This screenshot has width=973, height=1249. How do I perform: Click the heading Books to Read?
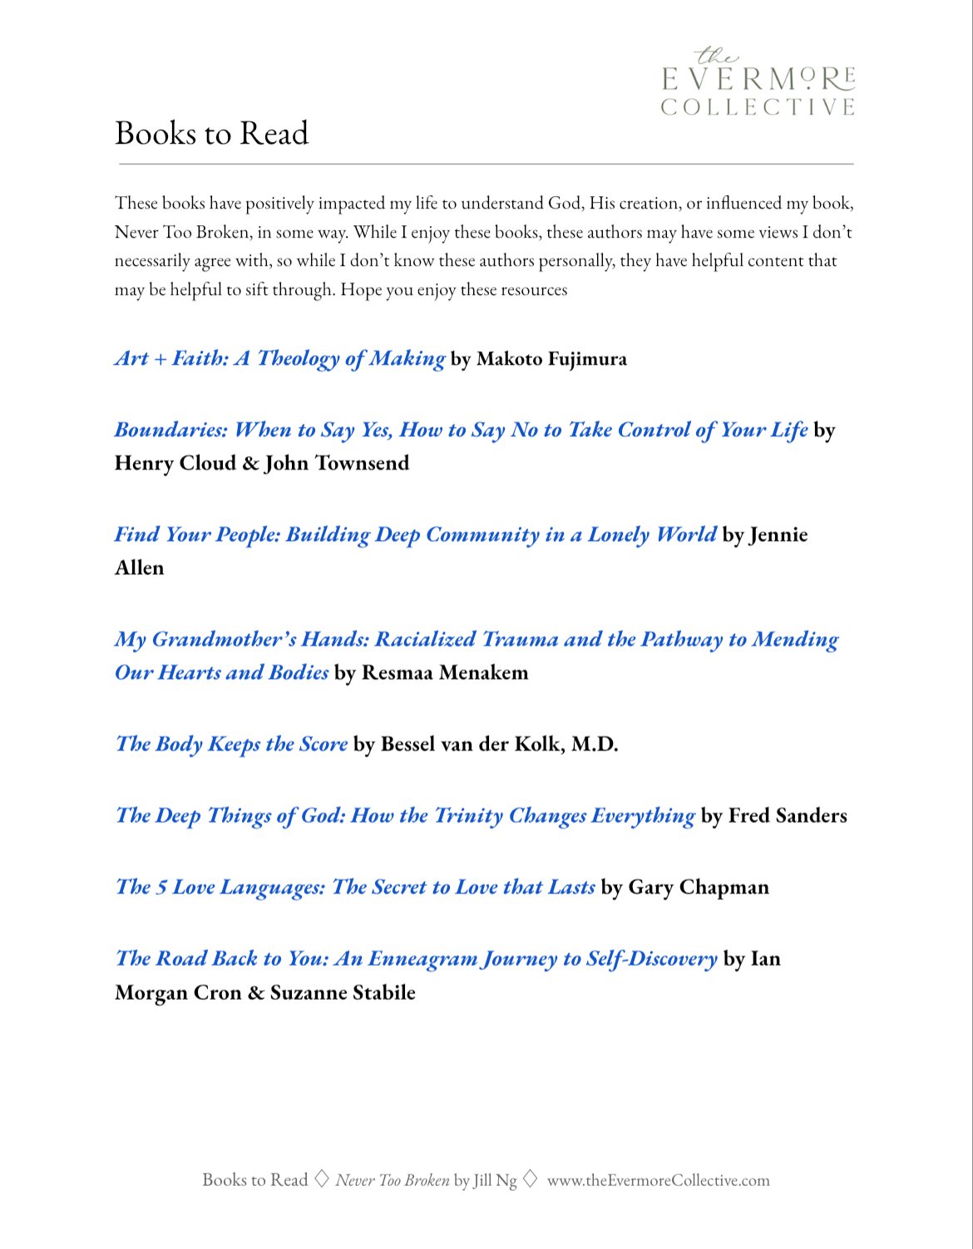pos(211,134)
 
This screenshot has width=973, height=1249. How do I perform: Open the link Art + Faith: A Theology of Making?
pos(279,358)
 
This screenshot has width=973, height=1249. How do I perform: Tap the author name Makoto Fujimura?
pos(551,359)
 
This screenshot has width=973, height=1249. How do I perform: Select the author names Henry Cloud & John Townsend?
pos(262,463)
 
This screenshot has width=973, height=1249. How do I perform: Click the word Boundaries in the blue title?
pos(170,430)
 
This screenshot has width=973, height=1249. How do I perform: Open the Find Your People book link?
pos(414,534)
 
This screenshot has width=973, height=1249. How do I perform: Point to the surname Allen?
pos(139,568)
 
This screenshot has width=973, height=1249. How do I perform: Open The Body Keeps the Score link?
pos(231,744)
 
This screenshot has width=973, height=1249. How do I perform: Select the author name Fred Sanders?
pos(788,815)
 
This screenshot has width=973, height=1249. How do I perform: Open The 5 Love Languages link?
pos(355,887)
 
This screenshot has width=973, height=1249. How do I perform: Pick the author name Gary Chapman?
pos(699,888)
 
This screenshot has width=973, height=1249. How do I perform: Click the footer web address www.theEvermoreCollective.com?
pos(658,1180)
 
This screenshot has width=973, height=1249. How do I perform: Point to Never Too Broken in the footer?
pos(392,1180)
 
